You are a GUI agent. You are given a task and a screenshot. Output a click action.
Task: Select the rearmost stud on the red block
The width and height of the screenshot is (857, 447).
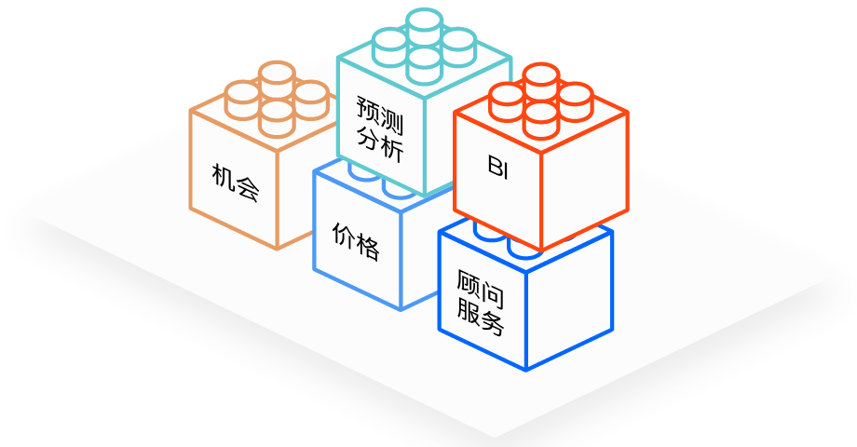tap(539, 78)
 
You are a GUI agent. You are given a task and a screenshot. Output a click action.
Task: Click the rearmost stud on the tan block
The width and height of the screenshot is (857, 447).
tap(277, 74)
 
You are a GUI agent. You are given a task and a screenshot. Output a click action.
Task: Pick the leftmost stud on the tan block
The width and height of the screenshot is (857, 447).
tap(242, 94)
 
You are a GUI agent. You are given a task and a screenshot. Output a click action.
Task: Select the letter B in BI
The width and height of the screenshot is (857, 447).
tap(494, 165)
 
